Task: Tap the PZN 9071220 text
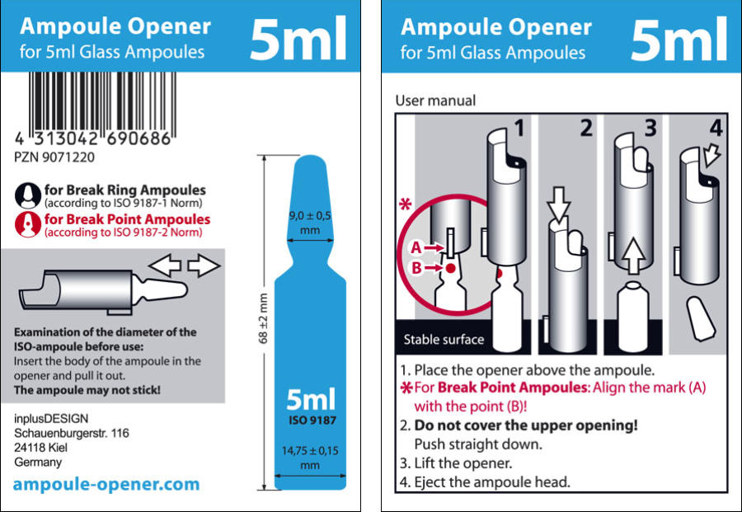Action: (x=54, y=157)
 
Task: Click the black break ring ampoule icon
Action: (x=28, y=195)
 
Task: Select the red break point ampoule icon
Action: (x=28, y=224)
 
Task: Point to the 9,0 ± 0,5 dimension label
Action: (x=310, y=223)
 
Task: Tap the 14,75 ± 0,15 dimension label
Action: (x=310, y=458)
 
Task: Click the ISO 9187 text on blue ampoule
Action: (x=312, y=420)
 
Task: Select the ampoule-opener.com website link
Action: (x=106, y=484)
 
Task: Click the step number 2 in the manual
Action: (x=586, y=129)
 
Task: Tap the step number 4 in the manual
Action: (x=716, y=129)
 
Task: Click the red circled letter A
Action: (x=416, y=247)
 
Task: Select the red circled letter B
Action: (x=416, y=268)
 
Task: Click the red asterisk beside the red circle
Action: (x=406, y=204)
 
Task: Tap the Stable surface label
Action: (x=444, y=340)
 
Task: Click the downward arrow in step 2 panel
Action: (x=559, y=204)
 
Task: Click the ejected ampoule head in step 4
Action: (x=702, y=318)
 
